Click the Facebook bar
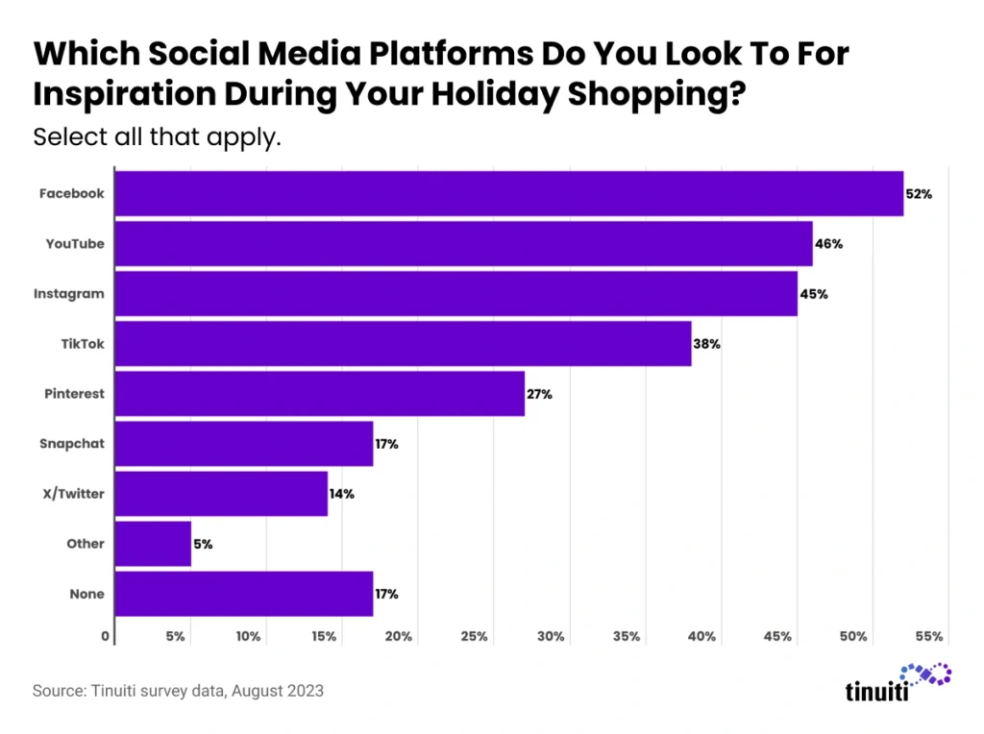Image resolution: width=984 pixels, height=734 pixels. point(509,193)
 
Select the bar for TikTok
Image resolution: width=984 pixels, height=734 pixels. point(403,344)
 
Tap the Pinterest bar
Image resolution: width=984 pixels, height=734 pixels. point(320,394)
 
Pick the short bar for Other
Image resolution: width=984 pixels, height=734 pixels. point(153,544)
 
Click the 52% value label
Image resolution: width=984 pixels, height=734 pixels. point(919,194)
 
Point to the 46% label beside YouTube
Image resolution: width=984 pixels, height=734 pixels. point(828,244)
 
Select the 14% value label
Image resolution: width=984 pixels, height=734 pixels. point(342,494)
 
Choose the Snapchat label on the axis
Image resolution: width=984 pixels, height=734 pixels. point(72,444)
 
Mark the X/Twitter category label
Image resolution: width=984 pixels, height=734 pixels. point(72,494)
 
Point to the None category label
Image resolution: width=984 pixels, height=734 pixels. point(86,594)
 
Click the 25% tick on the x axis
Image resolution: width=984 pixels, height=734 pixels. point(475,636)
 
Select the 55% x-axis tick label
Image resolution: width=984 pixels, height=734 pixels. point(929,636)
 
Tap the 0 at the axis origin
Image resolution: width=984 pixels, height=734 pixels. point(106,636)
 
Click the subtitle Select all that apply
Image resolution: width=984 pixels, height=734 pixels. point(157,136)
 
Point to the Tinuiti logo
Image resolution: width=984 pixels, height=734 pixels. point(898,683)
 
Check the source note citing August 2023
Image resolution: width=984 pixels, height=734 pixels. point(178,690)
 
